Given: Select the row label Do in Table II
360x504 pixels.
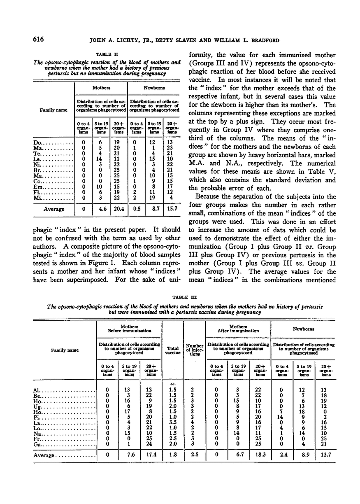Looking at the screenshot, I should [37, 143].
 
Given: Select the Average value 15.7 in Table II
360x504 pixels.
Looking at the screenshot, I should [172, 209].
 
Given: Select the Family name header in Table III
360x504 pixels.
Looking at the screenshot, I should [64, 350].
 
